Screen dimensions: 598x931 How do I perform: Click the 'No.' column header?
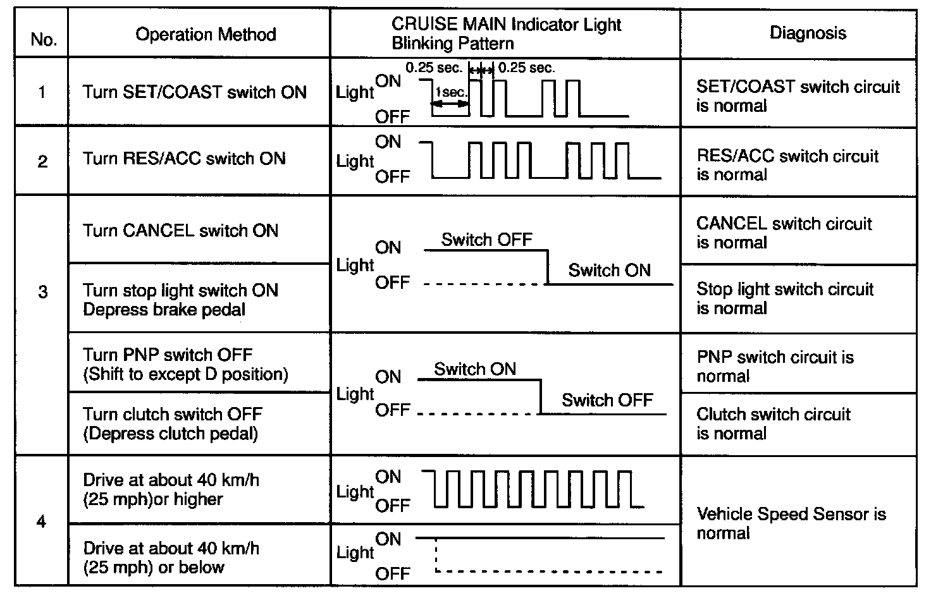44,39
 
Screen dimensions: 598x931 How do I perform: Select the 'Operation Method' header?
206,34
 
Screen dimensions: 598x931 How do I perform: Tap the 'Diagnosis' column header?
808,33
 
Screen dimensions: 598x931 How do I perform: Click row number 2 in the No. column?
42,162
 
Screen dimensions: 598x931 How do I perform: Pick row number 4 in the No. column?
42,523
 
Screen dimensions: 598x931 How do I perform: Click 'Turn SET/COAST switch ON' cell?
194,92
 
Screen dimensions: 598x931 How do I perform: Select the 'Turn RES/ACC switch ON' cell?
184,158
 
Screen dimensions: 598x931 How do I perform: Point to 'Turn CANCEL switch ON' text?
180,230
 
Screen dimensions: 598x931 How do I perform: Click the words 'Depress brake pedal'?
164,310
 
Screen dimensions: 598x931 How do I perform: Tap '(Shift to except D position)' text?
185,374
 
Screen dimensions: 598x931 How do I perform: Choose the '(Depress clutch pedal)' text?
170,434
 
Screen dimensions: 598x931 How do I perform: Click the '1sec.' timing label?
450,92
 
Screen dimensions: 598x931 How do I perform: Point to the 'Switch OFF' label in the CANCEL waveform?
486,240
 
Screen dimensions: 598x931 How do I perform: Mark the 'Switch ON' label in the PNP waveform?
474,369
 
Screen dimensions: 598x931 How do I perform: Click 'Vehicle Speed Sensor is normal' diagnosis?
791,523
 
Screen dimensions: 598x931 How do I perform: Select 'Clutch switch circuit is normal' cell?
773,424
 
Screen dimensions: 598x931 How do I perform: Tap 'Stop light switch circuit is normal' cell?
784,298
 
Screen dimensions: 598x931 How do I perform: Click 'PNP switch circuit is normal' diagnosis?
775,366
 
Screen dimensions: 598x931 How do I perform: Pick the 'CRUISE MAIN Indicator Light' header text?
506,25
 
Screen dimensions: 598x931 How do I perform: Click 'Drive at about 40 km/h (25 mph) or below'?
171,558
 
